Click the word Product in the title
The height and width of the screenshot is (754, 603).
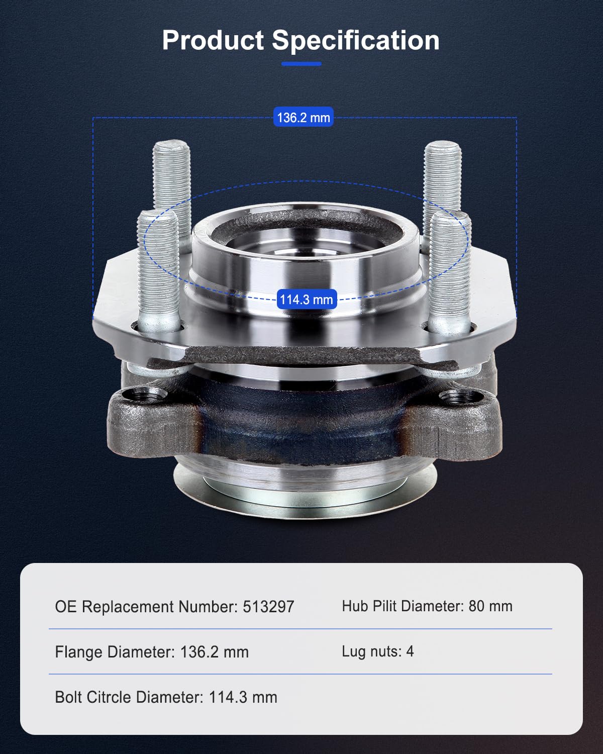pos(213,40)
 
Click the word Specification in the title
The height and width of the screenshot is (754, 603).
pos(356,40)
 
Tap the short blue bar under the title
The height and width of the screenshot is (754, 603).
pos(301,64)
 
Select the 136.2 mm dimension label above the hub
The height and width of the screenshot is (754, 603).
pos(304,118)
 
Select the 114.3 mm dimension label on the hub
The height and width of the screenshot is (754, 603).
pos(306,300)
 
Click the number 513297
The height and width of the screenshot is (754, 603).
pos(268,607)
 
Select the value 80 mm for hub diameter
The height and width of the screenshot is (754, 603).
pos(490,606)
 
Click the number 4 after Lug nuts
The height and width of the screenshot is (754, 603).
pos(410,651)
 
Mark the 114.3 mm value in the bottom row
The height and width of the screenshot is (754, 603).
pos(243,697)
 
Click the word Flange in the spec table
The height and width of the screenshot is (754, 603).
pos(79,652)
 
